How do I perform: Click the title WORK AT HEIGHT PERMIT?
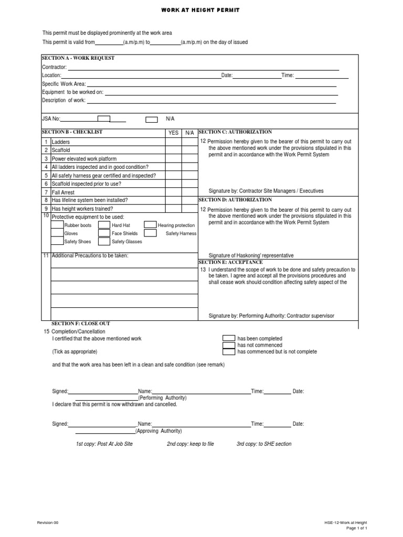[x=201, y=10]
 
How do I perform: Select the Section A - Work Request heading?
[x=78, y=58]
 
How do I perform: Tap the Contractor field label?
[x=54, y=67]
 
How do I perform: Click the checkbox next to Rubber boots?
[x=57, y=225]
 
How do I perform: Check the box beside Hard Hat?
[x=104, y=225]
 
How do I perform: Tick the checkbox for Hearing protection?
[x=150, y=225]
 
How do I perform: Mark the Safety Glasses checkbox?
[x=104, y=241]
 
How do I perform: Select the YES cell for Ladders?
[x=173, y=142]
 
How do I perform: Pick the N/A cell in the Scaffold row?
[x=189, y=150]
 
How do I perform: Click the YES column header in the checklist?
[x=173, y=133]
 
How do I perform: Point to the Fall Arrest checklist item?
[x=63, y=192]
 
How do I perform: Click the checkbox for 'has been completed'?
[x=229, y=338]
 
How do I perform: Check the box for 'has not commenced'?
[x=229, y=345]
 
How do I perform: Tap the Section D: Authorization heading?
[x=235, y=200]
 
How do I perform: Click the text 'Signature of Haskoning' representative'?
[x=251, y=255]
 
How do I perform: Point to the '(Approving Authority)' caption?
[x=158, y=431]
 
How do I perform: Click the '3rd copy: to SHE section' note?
[x=264, y=444]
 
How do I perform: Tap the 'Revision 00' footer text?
[x=49, y=523]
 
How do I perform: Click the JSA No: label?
[x=51, y=119]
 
